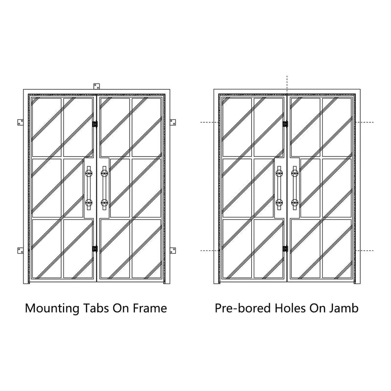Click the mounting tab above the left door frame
96,87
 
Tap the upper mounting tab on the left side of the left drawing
21,122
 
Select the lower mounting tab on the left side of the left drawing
21,250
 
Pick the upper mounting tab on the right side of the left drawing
173,122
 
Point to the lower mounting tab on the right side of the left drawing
173,250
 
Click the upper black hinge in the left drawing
95,124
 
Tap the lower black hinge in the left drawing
95,249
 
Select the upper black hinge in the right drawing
285,124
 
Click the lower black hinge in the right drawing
285,249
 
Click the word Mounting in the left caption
52,309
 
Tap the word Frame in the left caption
150,308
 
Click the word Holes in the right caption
290,308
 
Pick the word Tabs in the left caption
95,308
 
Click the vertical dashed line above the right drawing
287,85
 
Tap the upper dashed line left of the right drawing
210,122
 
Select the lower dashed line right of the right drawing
364,250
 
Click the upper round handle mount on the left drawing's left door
89,173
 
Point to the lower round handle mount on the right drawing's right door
295,202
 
